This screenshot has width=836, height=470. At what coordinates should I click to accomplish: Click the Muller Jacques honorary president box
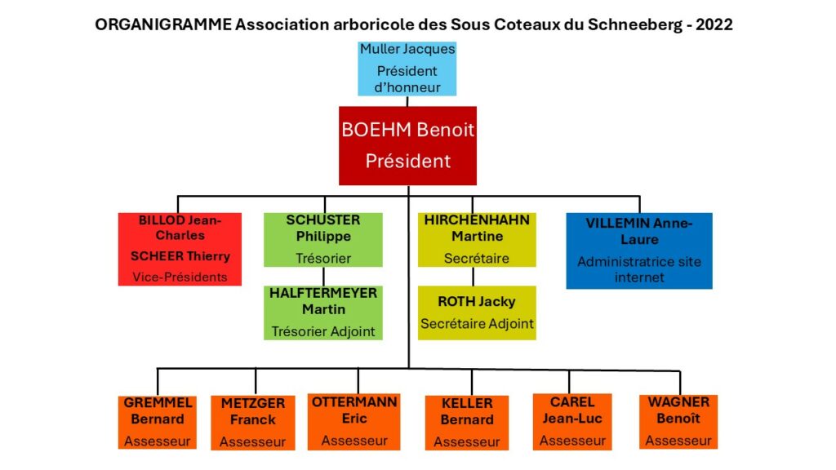click(407, 69)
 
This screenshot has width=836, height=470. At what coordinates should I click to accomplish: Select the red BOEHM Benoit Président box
click(408, 145)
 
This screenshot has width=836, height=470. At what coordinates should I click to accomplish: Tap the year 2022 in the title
click(714, 24)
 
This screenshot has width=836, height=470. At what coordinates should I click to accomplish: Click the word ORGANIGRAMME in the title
click(163, 24)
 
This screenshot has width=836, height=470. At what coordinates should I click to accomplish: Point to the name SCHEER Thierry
click(180, 256)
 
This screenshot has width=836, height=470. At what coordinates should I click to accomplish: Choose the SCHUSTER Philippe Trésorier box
click(323, 240)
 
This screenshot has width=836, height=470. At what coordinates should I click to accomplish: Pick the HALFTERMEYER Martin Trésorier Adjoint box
click(323, 313)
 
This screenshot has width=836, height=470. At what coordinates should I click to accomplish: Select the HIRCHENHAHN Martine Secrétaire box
click(477, 240)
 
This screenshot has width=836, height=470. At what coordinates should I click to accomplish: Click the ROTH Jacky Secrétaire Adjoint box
click(477, 313)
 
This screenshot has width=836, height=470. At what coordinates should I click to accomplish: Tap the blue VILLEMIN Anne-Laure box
click(639, 251)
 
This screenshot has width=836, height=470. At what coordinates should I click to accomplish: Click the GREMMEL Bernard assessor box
click(158, 422)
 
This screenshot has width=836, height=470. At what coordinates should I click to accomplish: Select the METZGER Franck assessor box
click(253, 423)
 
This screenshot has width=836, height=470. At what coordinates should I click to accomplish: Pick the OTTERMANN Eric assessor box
click(354, 422)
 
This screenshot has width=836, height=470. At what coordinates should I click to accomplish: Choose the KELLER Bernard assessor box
click(466, 423)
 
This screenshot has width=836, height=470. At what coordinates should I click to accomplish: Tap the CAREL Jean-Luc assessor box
click(572, 422)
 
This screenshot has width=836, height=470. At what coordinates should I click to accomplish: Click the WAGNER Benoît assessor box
click(678, 422)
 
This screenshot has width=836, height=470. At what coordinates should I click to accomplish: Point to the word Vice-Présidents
click(180, 277)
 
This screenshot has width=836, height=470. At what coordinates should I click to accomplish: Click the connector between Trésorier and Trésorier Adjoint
click(323, 277)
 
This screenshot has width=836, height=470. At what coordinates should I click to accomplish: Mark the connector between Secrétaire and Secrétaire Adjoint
click(473, 277)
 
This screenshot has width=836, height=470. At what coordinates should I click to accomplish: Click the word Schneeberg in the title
click(635, 24)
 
